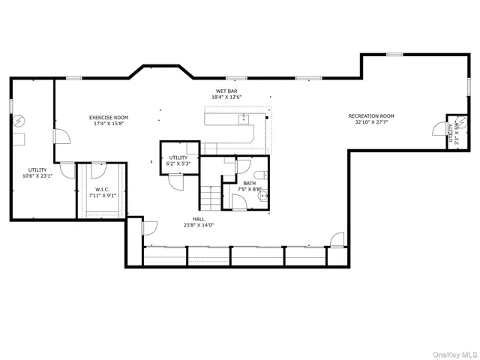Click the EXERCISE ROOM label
click(x=109, y=118)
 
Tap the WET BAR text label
click(x=227, y=91)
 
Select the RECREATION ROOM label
click(x=370, y=116)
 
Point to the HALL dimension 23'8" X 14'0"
click(x=199, y=225)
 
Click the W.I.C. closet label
click(x=103, y=189)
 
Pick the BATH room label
click(x=249, y=182)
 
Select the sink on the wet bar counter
click(x=244, y=118)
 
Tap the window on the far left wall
click(x=11, y=106)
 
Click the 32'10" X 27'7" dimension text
click(x=370, y=123)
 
